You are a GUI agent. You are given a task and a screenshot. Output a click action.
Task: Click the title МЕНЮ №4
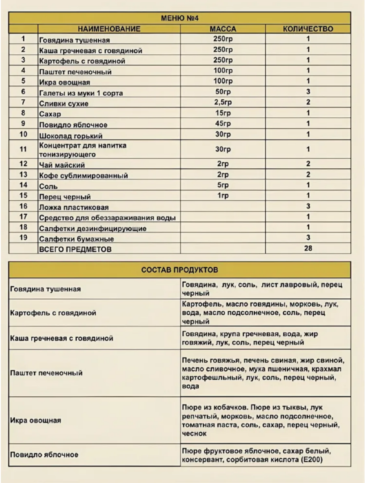click(183, 18)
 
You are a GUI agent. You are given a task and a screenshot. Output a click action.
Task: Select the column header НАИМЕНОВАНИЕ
click(109, 29)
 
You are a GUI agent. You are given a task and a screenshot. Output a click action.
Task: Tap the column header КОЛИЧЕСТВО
click(308, 29)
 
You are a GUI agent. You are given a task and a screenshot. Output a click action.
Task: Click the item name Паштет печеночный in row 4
click(75, 72)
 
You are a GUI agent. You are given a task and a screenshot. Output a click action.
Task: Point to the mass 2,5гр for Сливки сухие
click(223, 103)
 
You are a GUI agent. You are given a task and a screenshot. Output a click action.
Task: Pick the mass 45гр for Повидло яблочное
click(223, 124)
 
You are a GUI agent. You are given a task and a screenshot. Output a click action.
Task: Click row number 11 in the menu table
click(23, 149)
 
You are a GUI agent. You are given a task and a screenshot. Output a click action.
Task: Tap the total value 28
click(308, 248)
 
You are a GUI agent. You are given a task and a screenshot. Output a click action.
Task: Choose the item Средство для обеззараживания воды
click(107, 218)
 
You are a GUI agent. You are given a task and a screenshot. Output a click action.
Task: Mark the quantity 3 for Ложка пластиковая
click(308, 207)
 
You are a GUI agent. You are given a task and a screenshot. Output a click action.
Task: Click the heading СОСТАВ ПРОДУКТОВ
click(180, 270)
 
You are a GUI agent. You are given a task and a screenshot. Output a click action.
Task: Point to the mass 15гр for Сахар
click(223, 113)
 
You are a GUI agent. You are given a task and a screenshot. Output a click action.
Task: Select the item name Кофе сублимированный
click(84, 176)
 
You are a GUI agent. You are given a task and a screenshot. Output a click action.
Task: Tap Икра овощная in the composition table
click(35, 420)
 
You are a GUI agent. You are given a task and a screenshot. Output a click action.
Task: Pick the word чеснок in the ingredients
click(194, 433)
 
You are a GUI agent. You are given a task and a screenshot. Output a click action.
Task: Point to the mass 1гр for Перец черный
click(223, 195)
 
